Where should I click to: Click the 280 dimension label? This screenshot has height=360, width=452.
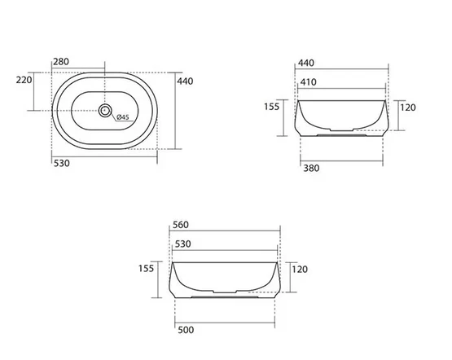(x=61, y=62)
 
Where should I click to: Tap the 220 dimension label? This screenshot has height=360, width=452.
(x=24, y=80)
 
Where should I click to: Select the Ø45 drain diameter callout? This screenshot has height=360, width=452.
(x=123, y=117)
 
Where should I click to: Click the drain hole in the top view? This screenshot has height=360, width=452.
(x=105, y=111)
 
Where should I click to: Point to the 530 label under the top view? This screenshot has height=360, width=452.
(x=62, y=164)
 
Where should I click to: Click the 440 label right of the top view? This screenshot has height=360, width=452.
(x=185, y=81)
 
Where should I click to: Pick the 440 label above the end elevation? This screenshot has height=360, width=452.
(x=306, y=64)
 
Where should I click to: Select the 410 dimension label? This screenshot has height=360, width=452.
(x=309, y=82)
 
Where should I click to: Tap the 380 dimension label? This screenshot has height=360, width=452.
(x=311, y=168)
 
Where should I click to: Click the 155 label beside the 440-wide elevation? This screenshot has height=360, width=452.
(x=272, y=107)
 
